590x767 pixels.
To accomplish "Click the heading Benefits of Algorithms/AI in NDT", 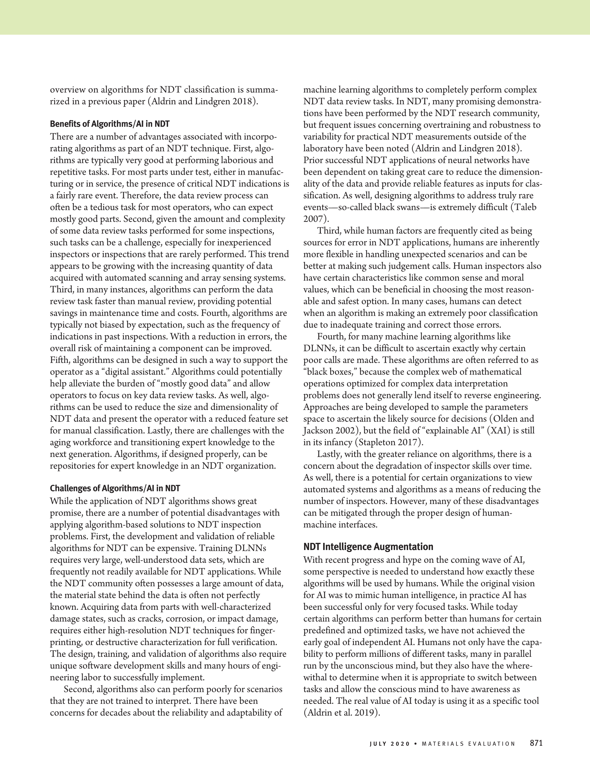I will coord(109,124).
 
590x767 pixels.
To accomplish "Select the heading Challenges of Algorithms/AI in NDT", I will coord(115,488).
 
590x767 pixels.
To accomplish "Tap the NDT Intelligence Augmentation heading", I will coord(368,547).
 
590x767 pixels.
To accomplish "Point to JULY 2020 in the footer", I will coord(389,743).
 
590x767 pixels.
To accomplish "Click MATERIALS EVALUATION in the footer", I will coord(468,743).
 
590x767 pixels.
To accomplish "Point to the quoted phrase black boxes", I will coord(329,372).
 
